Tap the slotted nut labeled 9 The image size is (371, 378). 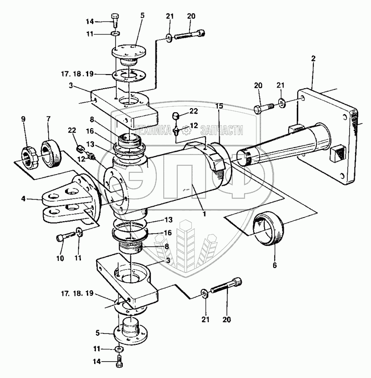click(29, 156)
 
